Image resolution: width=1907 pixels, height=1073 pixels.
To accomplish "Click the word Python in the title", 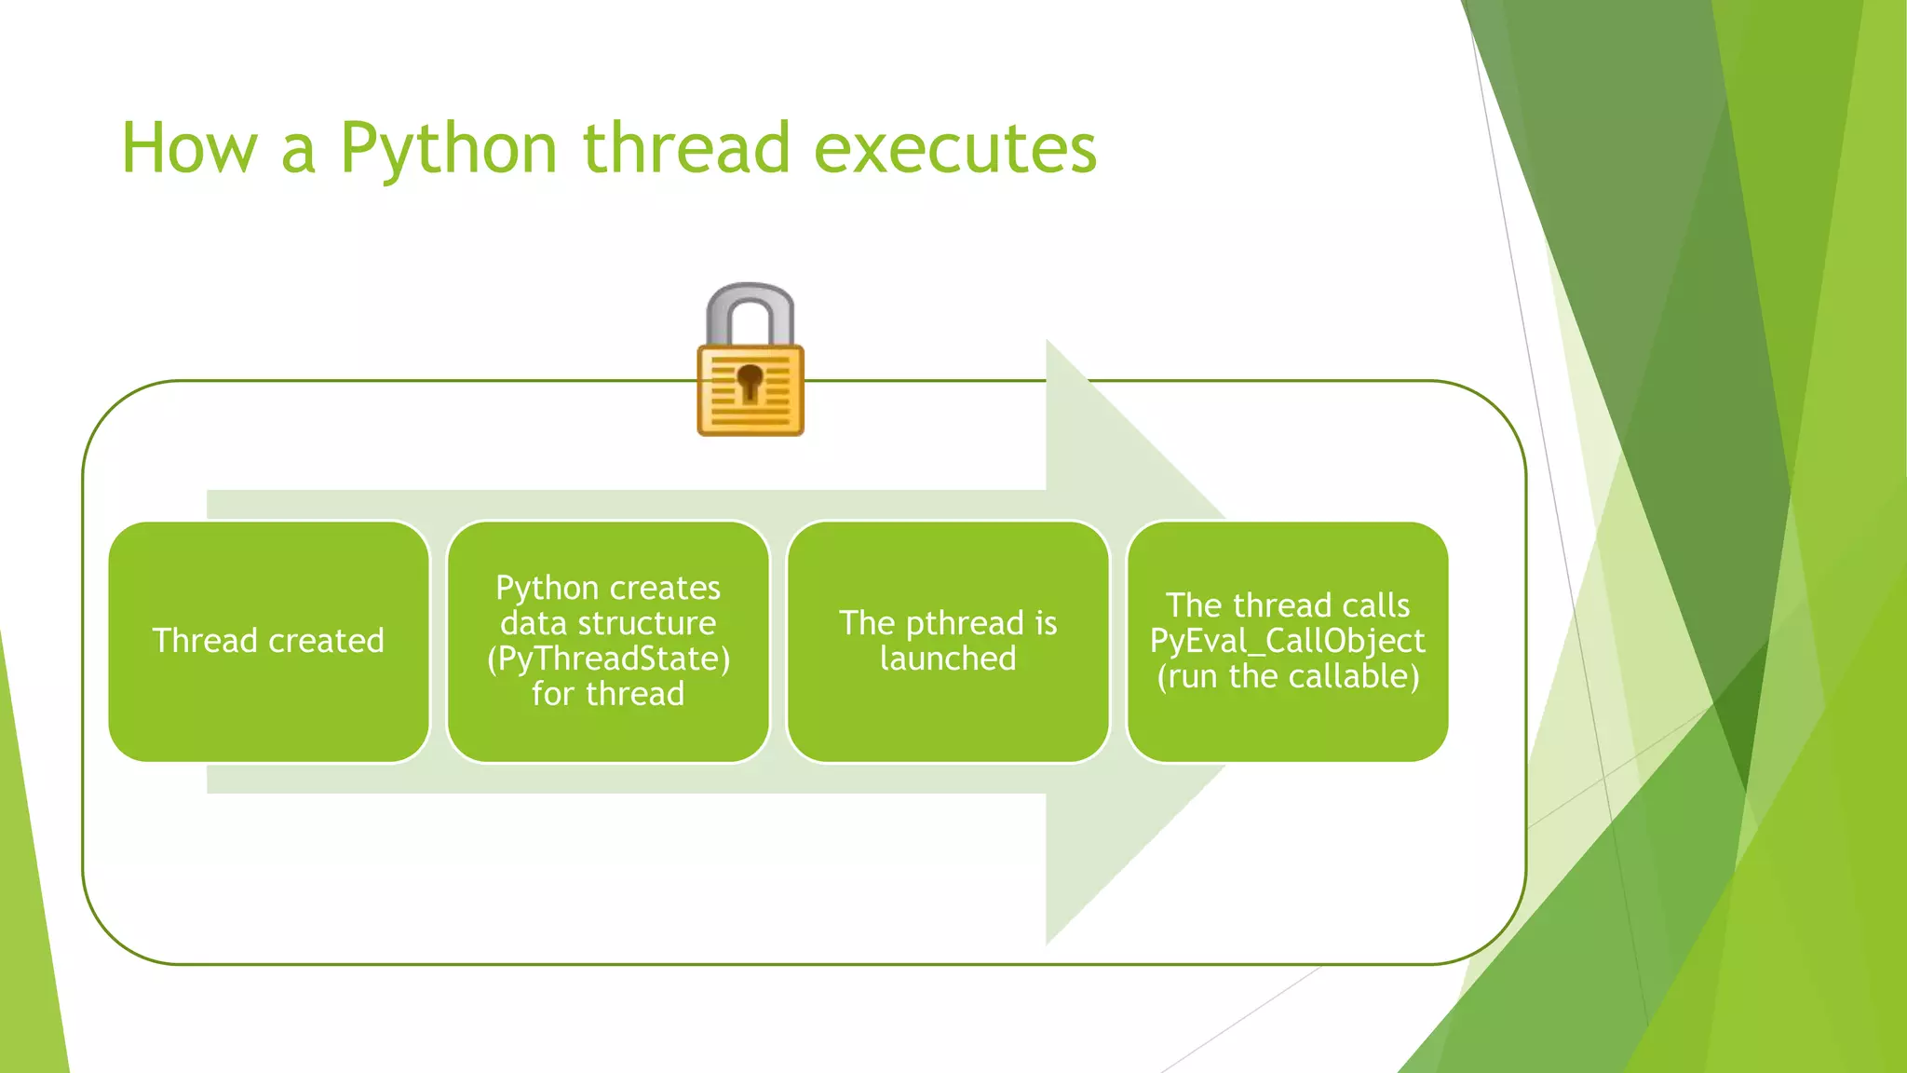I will [x=448, y=149].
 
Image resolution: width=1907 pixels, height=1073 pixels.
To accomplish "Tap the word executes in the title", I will [x=955, y=149].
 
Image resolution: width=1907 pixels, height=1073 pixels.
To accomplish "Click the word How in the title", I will [x=189, y=149].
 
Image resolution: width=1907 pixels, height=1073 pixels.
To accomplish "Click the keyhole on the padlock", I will [x=750, y=382].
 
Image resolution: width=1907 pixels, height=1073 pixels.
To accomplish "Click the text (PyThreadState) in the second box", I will [x=608, y=659].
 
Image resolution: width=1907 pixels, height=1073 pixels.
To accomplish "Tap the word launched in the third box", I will [x=948, y=659].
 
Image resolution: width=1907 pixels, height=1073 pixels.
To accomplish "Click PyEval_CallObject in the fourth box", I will [x=1287, y=641].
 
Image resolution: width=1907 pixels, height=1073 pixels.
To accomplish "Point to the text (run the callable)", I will [x=1287, y=676].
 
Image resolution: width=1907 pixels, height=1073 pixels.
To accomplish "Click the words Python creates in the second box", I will [x=608, y=588].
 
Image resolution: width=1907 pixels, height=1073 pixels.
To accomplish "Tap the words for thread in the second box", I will [x=608, y=694].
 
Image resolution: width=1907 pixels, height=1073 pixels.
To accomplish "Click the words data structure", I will [x=608, y=623].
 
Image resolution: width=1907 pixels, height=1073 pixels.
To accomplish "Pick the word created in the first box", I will [x=326, y=641].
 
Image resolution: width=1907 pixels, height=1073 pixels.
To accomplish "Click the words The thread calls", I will [x=1287, y=605].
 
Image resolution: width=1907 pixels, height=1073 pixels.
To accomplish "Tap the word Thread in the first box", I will [x=205, y=641].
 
